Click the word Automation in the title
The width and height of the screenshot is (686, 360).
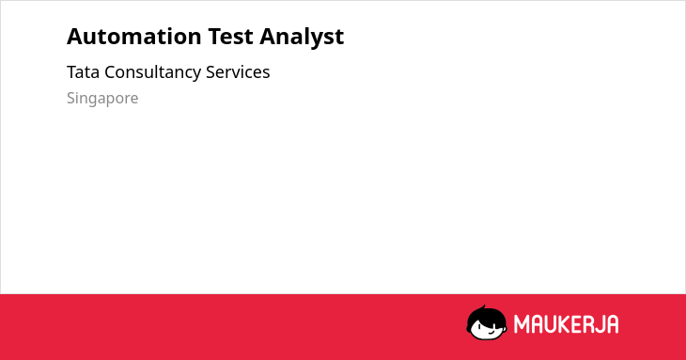pyautogui.click(x=134, y=37)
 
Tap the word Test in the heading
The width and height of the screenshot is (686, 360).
pyautogui.click(x=230, y=37)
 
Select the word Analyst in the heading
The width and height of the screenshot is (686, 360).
pyautogui.click(x=302, y=38)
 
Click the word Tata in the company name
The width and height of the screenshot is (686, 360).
pyautogui.click(x=83, y=72)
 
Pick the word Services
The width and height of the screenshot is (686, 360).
pyautogui.click(x=238, y=72)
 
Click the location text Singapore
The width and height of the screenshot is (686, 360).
pyautogui.click(x=102, y=99)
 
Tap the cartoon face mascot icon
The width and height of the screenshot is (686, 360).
pyautogui.click(x=487, y=322)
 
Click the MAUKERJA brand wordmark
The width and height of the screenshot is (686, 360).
pyautogui.click(x=566, y=324)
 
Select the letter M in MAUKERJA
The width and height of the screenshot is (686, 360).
pyautogui.click(x=521, y=324)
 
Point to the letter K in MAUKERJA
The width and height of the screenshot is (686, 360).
pyautogui.click(x=561, y=324)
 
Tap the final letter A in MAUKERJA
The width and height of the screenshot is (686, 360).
pyautogui.click(x=613, y=324)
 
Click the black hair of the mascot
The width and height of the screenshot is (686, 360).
pyautogui.click(x=486, y=314)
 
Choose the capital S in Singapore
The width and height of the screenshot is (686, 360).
pyautogui.click(x=71, y=98)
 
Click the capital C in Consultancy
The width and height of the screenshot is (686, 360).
pyautogui.click(x=110, y=72)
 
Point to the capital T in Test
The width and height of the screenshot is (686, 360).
pyautogui.click(x=214, y=37)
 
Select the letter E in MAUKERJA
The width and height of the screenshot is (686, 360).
pyautogui.click(x=574, y=324)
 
